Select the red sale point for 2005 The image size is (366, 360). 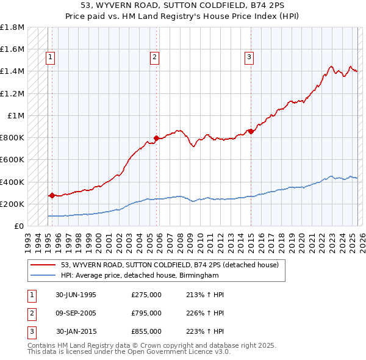pyautogui.click(x=157, y=138)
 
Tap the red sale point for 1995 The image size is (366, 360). pyautogui.click(x=52, y=196)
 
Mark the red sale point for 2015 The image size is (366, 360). pyautogui.click(x=251, y=131)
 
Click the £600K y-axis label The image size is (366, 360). pyautogui.click(x=12, y=160)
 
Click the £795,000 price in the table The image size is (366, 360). pyautogui.click(x=146, y=313)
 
